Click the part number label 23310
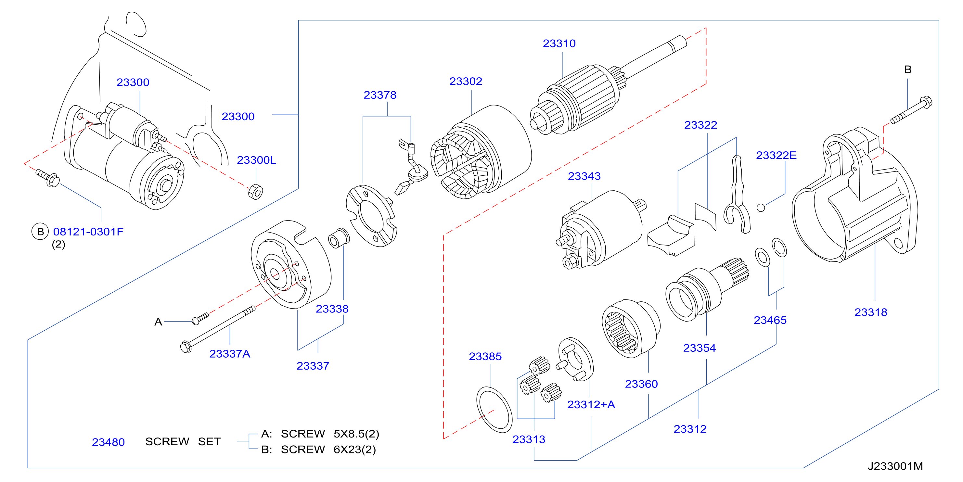pyautogui.click(x=559, y=43)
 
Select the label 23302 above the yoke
pyautogui.click(x=466, y=81)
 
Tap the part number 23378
pyautogui.click(x=380, y=95)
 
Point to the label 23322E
pyautogui.click(x=776, y=155)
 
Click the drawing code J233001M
pyautogui.click(x=895, y=466)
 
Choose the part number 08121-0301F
pyautogui.click(x=88, y=232)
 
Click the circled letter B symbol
pyautogui.click(x=40, y=232)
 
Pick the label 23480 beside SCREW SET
pyautogui.click(x=109, y=442)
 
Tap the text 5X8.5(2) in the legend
pyautogui.click(x=356, y=434)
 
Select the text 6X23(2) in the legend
pyautogui.click(x=355, y=450)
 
